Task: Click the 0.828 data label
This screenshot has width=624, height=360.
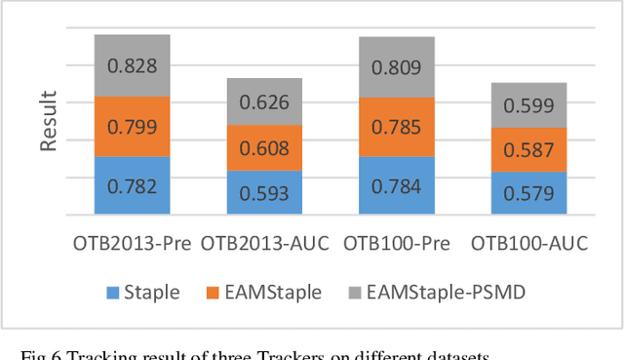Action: pyautogui.click(x=132, y=67)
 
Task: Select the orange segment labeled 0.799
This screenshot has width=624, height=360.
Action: pyautogui.click(x=132, y=127)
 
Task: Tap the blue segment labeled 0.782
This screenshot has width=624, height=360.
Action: pyautogui.click(x=132, y=185)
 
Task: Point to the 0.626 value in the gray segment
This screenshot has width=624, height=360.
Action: pyautogui.click(x=264, y=101)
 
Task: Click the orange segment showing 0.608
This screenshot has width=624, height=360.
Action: pyautogui.click(x=264, y=148)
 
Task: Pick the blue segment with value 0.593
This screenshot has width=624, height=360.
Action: pyautogui.click(x=264, y=192)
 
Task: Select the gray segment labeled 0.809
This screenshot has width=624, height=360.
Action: pyautogui.click(x=396, y=68)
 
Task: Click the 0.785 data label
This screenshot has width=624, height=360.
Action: pyautogui.click(x=396, y=127)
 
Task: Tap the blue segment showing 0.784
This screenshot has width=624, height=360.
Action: pyautogui.click(x=396, y=185)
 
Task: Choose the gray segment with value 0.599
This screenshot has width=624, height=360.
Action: pyautogui.click(x=528, y=105)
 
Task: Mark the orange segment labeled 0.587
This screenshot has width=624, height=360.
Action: pyautogui.click(x=528, y=150)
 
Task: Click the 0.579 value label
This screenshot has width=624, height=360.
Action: pyautogui.click(x=528, y=193)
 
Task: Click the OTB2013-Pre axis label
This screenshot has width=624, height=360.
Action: pyautogui.click(x=132, y=243)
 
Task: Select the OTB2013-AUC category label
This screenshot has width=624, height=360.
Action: pyautogui.click(x=264, y=243)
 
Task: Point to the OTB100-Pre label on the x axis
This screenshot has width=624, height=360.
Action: pyautogui.click(x=396, y=243)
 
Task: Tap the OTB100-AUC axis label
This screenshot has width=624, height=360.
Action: pyautogui.click(x=528, y=243)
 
